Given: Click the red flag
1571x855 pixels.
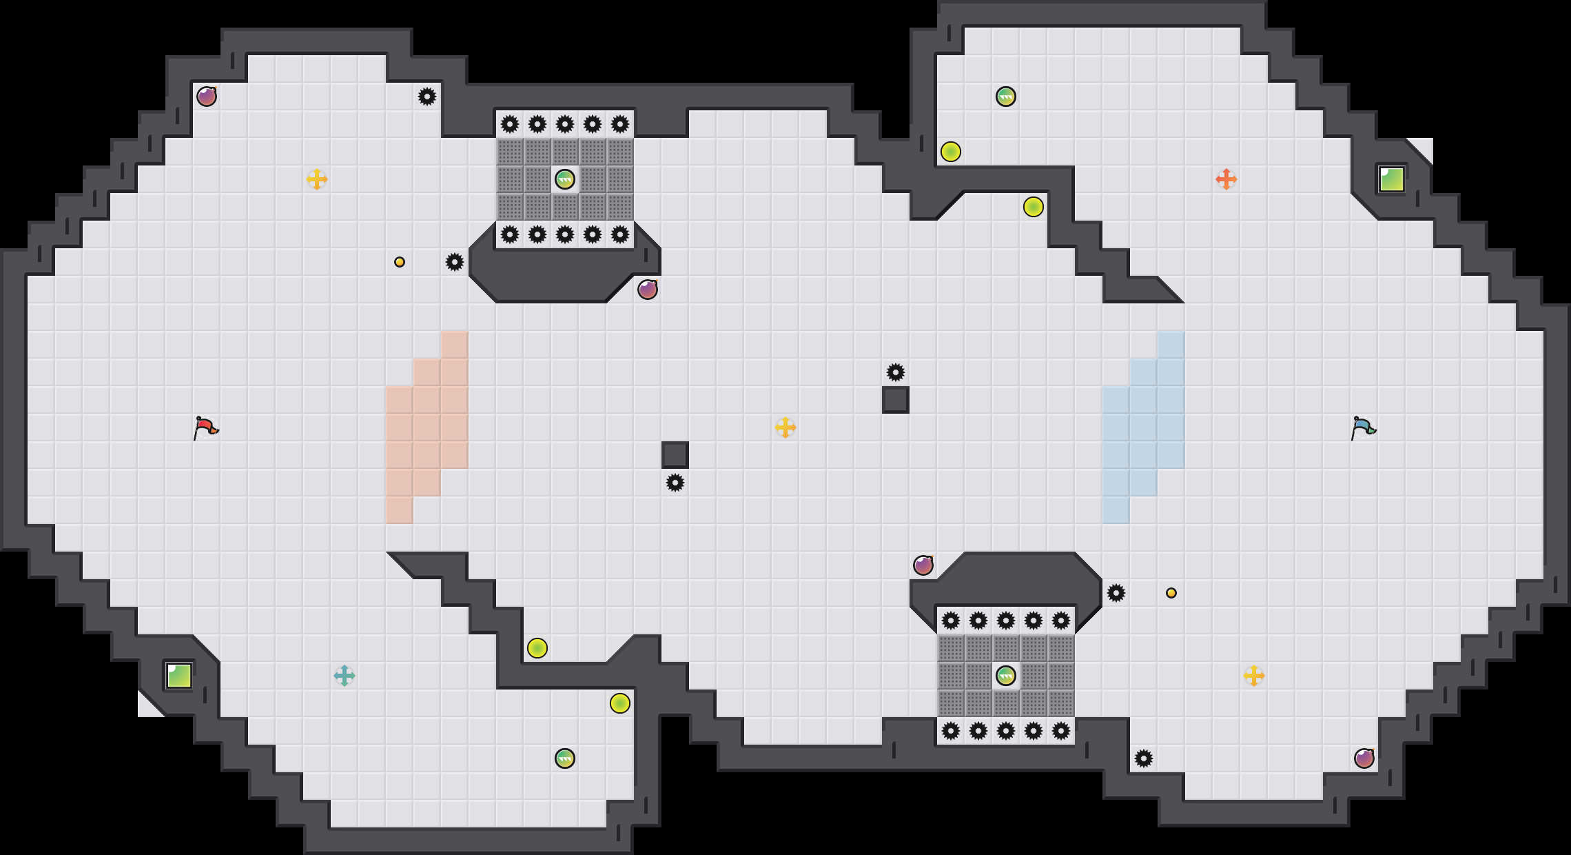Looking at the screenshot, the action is [205, 428].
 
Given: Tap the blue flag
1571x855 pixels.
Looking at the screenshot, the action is [1363, 428].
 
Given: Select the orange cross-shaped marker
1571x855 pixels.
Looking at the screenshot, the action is [1226, 179].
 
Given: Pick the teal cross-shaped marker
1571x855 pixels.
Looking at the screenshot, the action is [345, 676].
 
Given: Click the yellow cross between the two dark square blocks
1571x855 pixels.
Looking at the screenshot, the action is [785, 428].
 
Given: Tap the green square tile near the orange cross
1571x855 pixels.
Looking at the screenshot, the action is [1392, 179].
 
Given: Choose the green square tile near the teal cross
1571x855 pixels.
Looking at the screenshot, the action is [179, 676].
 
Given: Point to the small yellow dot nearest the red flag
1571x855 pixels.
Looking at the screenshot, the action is [400, 262].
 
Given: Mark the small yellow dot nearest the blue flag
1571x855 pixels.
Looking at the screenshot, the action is [1171, 593].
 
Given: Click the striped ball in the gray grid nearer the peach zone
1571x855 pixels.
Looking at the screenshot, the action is [565, 179].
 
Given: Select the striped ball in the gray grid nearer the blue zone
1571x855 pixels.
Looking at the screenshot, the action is [1006, 676].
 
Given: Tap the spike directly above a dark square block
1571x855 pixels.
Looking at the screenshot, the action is [896, 372].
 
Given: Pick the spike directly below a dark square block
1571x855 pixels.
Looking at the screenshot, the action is [675, 483].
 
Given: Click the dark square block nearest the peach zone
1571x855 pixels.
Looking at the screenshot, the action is [675, 455].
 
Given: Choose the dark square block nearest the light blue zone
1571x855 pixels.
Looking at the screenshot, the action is [896, 400].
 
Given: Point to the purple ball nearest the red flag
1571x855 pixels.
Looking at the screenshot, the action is [207, 97].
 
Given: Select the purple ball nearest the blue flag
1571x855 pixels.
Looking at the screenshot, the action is [1364, 758].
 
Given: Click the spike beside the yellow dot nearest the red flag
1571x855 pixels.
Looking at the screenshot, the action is [455, 262].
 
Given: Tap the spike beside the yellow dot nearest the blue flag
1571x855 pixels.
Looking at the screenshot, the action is [1116, 593].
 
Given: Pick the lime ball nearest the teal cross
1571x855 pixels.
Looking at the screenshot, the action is [537, 648].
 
